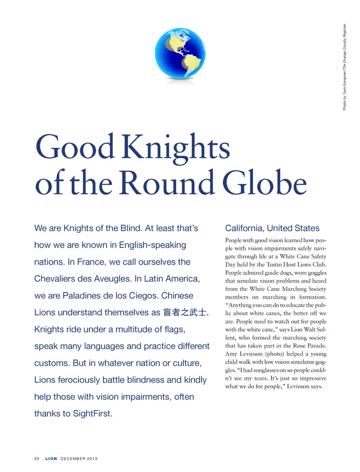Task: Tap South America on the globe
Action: [x=191, y=65]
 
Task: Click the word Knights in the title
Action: [x=175, y=147]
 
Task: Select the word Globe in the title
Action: [x=264, y=183]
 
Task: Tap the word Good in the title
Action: [x=75, y=146]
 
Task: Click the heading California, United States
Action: [x=272, y=228]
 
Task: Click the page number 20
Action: [x=37, y=459]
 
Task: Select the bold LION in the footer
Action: [x=51, y=459]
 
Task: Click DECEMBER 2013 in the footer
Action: [x=79, y=459]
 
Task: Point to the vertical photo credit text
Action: [x=344, y=67]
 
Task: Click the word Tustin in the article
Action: [x=274, y=264]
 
